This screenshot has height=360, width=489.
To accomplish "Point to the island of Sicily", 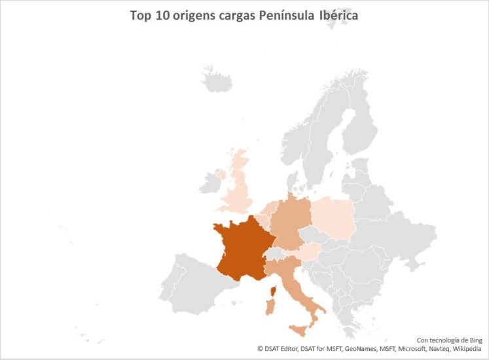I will click(x=300, y=332).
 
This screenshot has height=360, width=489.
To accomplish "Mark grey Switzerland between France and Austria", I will click(x=278, y=254).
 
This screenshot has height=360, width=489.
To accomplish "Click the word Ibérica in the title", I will click(x=338, y=15).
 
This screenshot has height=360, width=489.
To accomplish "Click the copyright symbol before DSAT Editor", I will click(x=259, y=349).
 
